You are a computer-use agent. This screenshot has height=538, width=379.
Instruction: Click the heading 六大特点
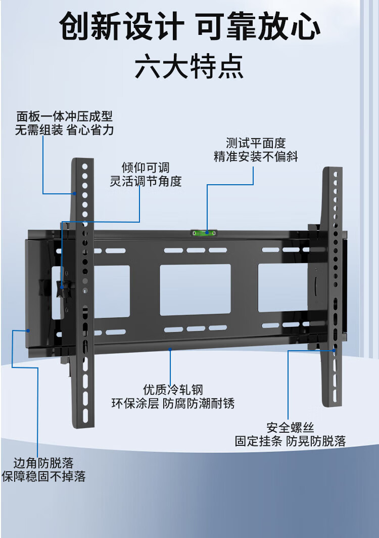(189, 67)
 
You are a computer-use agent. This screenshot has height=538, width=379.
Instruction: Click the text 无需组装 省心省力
(64, 130)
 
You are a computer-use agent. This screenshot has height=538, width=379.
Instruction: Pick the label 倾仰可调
(146, 168)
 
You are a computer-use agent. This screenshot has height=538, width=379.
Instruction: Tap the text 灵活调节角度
(146, 181)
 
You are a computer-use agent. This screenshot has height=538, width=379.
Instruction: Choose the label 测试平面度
(256, 143)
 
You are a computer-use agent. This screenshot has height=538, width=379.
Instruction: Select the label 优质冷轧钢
(173, 390)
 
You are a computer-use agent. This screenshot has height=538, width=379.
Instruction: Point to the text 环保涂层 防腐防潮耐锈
(173, 403)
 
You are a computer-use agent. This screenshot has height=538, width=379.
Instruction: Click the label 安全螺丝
(290, 428)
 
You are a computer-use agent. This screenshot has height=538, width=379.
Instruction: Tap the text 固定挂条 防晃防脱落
(290, 441)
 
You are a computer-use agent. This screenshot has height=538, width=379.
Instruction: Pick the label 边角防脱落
(43, 463)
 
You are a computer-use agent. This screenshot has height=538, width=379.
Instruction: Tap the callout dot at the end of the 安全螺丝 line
(334, 349)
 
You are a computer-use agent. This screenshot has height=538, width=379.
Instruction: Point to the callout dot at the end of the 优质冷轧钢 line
(170, 349)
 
